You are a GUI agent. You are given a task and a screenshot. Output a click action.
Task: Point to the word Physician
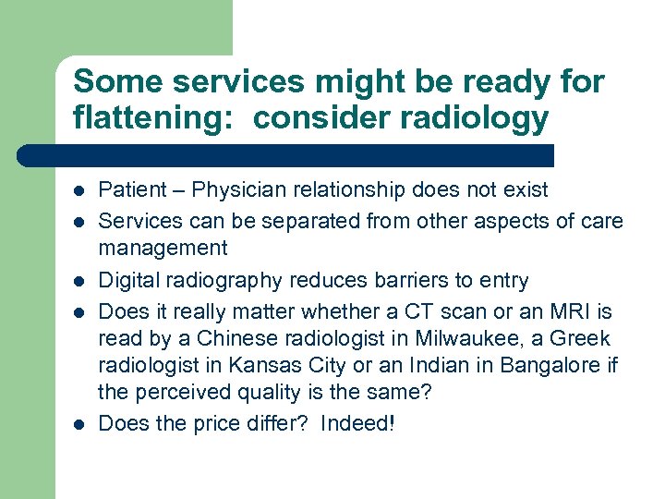227,190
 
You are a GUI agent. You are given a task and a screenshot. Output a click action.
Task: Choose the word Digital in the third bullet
128,281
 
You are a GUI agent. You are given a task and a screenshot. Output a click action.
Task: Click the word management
163,248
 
